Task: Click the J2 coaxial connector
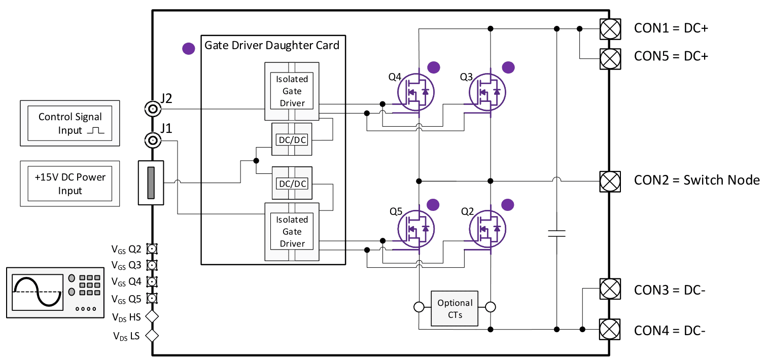click(152, 109)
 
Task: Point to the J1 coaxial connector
click(152, 140)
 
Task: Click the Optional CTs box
click(455, 308)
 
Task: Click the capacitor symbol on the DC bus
click(556, 234)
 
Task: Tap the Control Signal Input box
click(70, 123)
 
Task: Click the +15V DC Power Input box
click(70, 184)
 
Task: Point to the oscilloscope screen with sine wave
click(36, 292)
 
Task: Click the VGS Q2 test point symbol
click(152, 248)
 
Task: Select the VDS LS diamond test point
click(152, 335)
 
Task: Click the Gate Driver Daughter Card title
click(271, 46)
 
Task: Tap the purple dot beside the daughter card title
click(188, 49)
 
